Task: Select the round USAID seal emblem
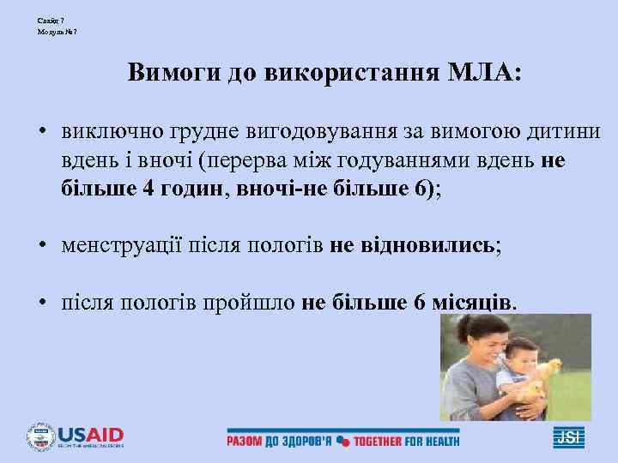coord(40,437)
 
